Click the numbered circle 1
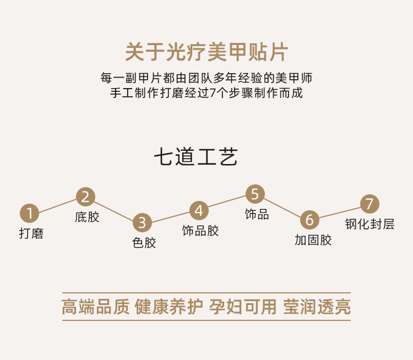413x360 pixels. (x=30, y=213)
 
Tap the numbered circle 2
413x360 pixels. (x=85, y=197)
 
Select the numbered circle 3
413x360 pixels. (x=142, y=222)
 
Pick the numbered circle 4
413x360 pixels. (x=199, y=210)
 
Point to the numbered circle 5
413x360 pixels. (x=254, y=194)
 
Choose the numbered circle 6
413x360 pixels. (x=309, y=220)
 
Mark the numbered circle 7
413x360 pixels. (x=369, y=203)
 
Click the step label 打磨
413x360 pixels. (x=31, y=233)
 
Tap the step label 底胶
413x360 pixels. (x=87, y=217)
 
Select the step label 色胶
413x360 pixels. (x=144, y=242)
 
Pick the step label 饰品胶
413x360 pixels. (x=200, y=231)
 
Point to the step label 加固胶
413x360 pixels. (x=313, y=240)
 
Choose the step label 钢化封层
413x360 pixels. (x=369, y=224)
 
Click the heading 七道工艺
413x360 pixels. (x=195, y=157)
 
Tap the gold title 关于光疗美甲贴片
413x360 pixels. (x=206, y=53)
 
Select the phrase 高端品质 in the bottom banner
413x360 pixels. (x=95, y=307)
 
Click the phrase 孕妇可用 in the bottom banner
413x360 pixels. (x=242, y=307)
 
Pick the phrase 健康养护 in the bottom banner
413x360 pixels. (x=169, y=307)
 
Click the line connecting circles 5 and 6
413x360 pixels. (x=282, y=207)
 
